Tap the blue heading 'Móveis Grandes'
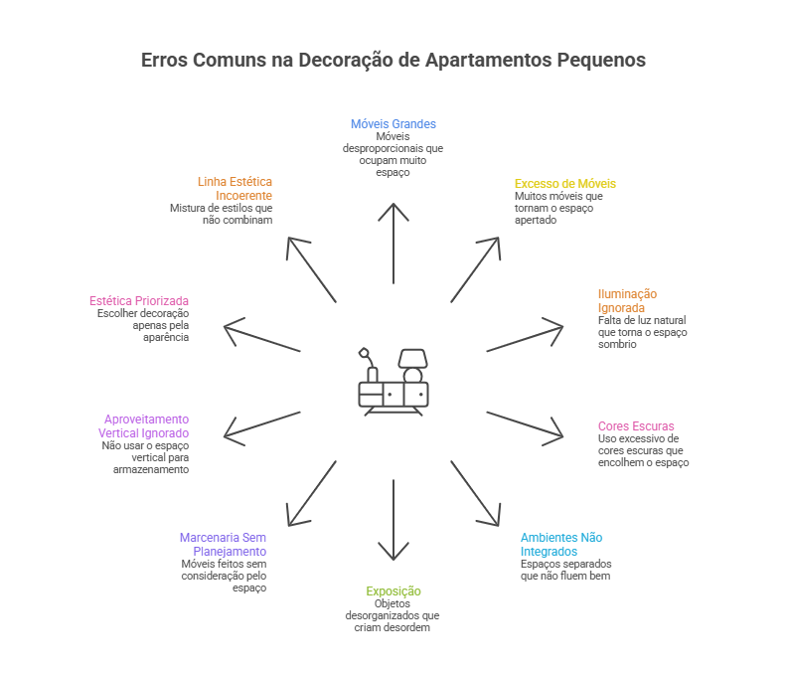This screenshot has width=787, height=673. coord(393,124)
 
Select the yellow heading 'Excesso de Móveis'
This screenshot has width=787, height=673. coord(564,184)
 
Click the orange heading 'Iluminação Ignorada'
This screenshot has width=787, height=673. coord(627,300)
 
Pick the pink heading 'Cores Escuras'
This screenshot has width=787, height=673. coord(636,426)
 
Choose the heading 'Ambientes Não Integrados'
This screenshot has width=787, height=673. coord(560,544)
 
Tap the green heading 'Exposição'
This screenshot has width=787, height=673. coord(393,591)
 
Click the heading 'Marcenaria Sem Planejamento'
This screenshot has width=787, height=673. coord(224,544)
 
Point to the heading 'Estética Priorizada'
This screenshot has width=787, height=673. coord(139,300)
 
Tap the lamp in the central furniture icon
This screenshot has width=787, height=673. coord(409,361)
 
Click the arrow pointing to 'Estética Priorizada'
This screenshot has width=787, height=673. coord(260,337)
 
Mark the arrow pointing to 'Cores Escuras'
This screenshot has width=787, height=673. coord(527,426)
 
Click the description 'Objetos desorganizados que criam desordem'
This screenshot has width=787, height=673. coord(393,616)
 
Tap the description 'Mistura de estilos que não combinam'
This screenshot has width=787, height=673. coord(221,214)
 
